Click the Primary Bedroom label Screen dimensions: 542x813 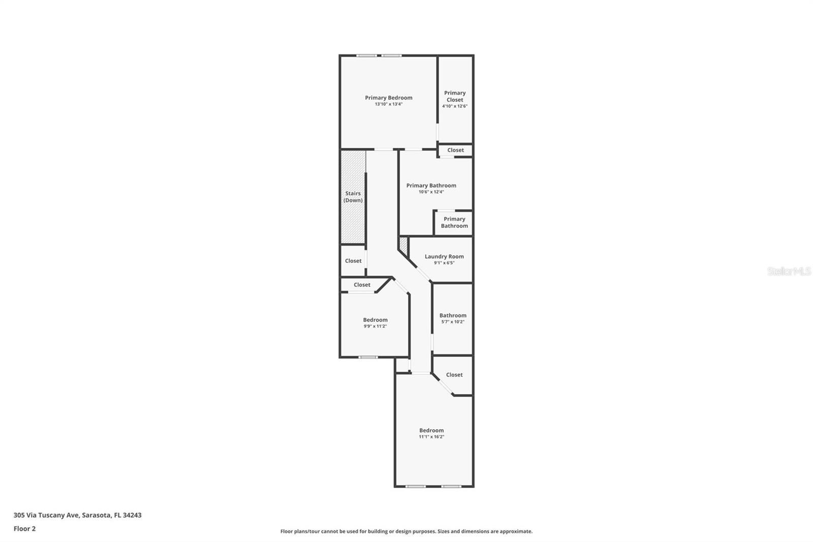click(388, 98)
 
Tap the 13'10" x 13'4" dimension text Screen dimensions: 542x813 click(388, 104)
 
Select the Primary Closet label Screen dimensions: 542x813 click(455, 96)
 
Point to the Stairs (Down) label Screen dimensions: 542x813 click(353, 197)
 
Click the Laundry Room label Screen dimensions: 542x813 click(444, 256)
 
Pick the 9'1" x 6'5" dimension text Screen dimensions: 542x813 click(444, 263)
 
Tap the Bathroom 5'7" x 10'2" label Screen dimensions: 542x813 click(453, 315)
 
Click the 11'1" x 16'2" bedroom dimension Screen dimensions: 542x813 click(431, 437)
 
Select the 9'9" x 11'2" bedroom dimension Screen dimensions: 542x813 click(375, 326)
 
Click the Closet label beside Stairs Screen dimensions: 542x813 click(353, 261)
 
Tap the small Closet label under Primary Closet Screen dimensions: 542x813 click(455, 150)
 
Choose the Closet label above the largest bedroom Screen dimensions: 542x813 click(454, 375)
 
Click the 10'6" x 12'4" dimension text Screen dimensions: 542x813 click(431, 192)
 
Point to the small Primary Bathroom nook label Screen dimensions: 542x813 click(454, 222)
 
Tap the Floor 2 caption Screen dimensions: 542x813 click(24, 529)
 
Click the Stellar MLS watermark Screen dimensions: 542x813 click(789, 272)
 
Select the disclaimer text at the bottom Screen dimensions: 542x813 click(406, 531)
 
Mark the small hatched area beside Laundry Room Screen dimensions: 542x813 click(403, 245)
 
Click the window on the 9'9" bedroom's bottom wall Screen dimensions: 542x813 click(368, 357)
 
